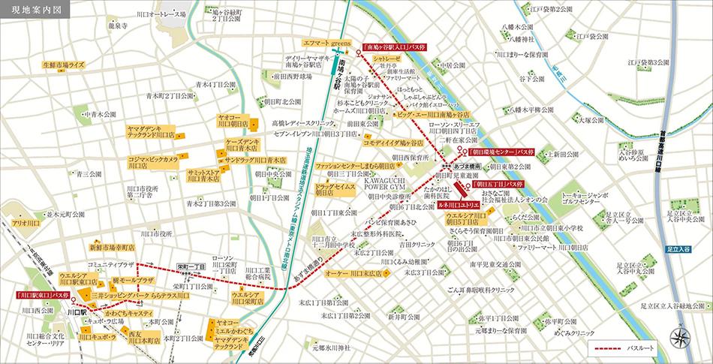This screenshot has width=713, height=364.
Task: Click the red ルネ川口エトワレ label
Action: point(459,205)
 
